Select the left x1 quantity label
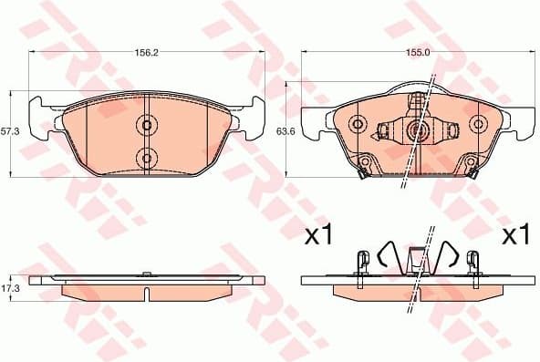click(x=317, y=236)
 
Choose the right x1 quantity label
click(x=515, y=236)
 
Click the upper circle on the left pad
click(x=147, y=125)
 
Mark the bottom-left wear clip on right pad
click(x=362, y=168)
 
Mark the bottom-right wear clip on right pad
click(x=472, y=168)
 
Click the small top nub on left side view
click(x=148, y=273)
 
